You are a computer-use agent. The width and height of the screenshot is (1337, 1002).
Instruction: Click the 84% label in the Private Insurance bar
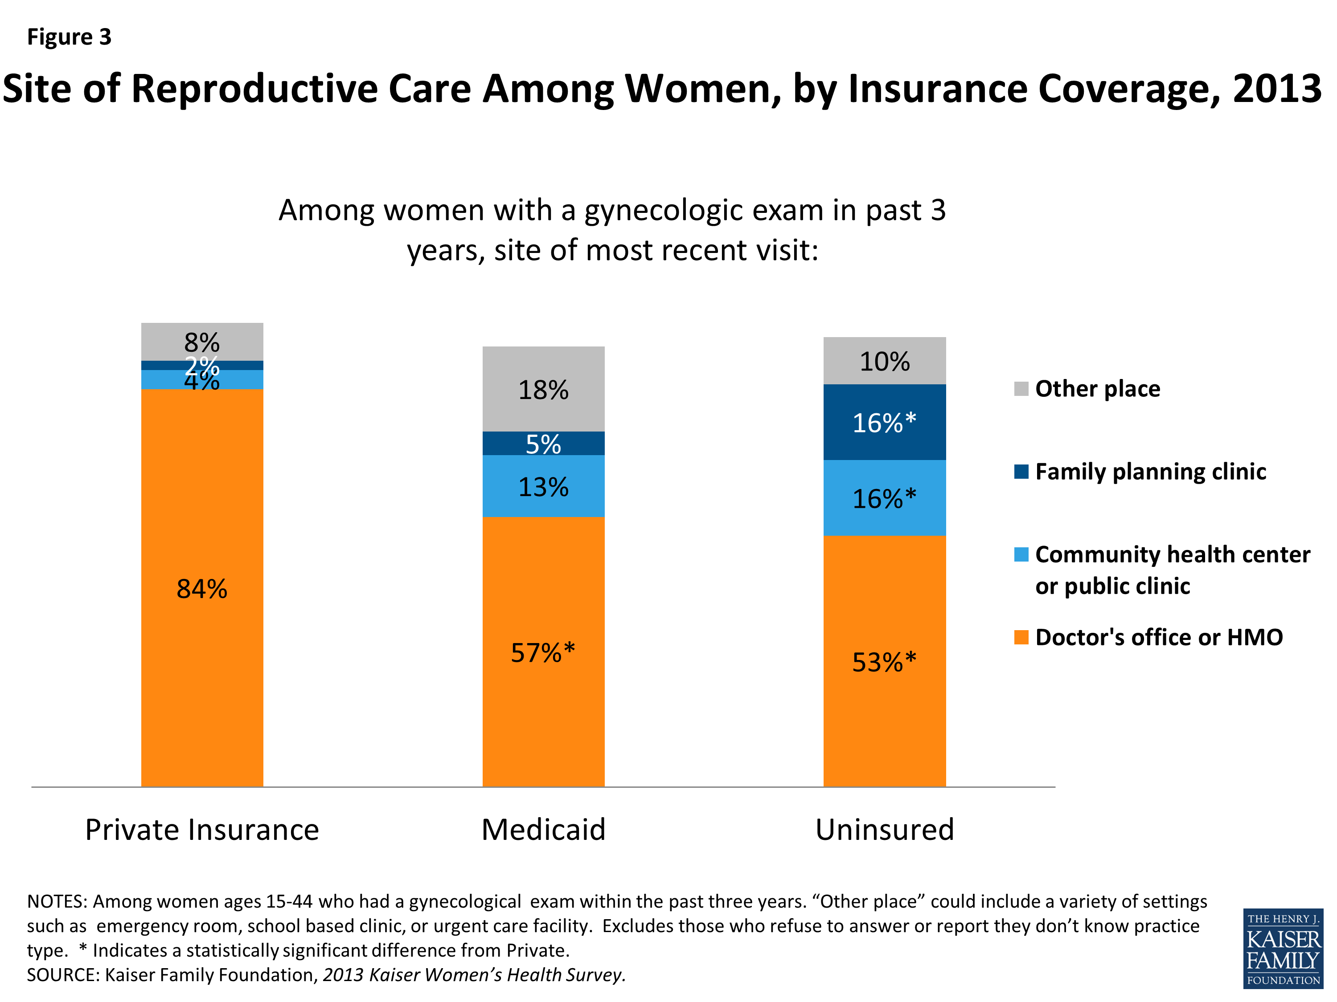[x=202, y=589]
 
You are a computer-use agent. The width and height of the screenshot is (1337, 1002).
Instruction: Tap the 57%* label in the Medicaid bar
[x=543, y=653]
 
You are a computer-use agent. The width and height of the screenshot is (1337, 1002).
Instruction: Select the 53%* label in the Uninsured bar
[x=884, y=663]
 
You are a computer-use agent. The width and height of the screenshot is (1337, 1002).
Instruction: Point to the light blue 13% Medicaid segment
[x=543, y=487]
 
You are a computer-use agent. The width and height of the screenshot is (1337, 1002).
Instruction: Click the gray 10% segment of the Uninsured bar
[x=884, y=361]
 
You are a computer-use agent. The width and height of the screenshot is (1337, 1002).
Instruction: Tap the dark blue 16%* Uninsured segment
[x=884, y=423]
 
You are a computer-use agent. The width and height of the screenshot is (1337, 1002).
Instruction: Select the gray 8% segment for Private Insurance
[x=202, y=342]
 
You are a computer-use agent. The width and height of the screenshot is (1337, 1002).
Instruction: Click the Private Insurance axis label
[x=202, y=830]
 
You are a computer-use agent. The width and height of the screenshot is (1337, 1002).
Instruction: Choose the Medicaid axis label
[x=543, y=830]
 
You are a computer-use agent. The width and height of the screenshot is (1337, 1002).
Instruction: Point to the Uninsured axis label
[x=884, y=830]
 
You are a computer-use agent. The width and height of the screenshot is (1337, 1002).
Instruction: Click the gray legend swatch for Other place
[x=1021, y=389]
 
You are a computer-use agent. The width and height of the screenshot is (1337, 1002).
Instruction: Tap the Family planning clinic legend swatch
[x=1021, y=472]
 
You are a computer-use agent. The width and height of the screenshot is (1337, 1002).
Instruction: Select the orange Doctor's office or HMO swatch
[x=1021, y=637]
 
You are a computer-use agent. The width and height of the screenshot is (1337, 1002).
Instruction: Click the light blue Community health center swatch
[x=1021, y=554]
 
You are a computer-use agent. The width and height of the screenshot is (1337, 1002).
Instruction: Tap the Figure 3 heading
[x=70, y=37]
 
